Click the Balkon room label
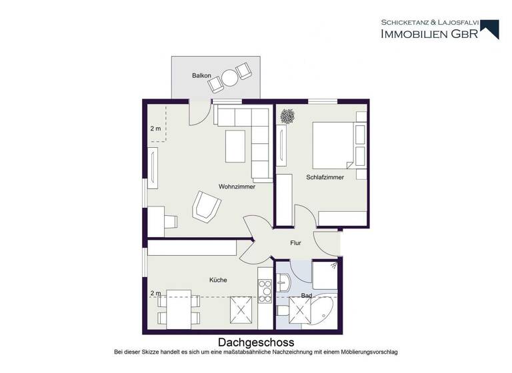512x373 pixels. (201, 76)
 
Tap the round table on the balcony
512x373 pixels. (230, 79)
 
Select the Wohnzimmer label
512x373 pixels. (237, 186)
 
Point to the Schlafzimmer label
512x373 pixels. (325, 177)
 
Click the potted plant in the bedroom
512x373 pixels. (288, 117)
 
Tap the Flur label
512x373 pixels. (296, 243)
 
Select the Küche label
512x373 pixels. (218, 280)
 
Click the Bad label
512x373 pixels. (307, 294)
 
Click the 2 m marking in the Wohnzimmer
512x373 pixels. (155, 129)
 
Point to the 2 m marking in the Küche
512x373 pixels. (155, 293)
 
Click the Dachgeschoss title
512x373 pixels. (256, 342)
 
